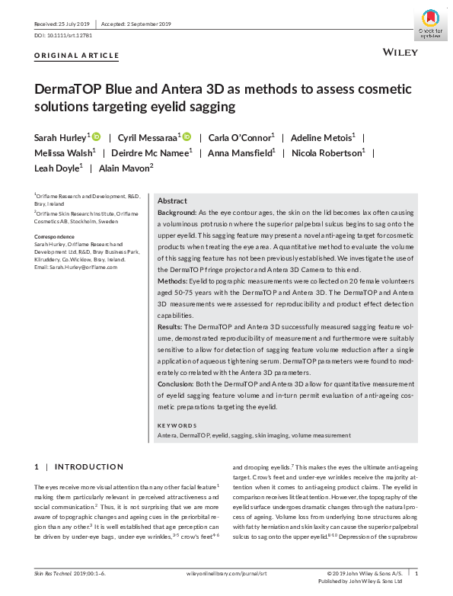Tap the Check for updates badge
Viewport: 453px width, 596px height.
[x=430, y=23]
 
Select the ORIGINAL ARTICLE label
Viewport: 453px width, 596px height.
[x=77, y=56]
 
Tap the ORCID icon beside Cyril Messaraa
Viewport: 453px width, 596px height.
[x=187, y=136]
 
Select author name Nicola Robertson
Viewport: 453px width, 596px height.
[x=331, y=152]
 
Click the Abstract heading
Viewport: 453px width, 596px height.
[x=172, y=200]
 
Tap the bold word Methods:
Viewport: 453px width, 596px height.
[x=173, y=281]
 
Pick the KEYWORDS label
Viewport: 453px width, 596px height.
[x=177, y=425]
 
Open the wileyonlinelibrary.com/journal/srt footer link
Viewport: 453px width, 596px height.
[x=225, y=572]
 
